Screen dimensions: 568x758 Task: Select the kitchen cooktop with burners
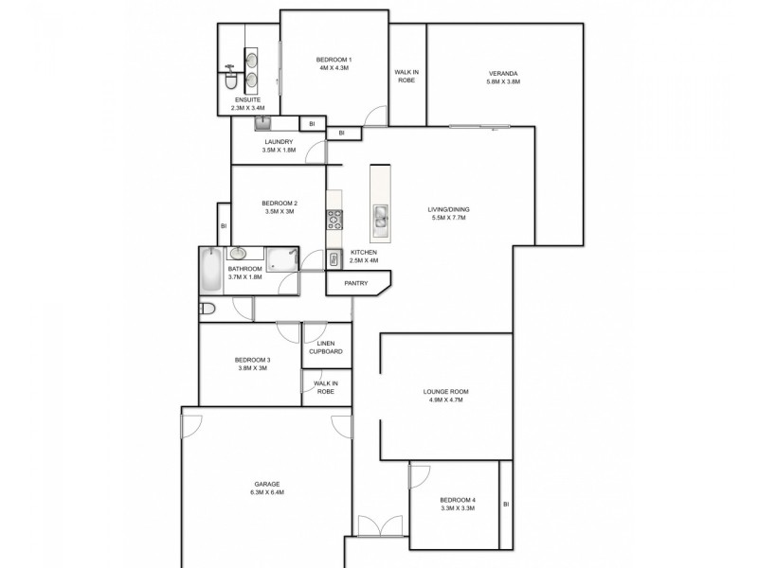[x=334, y=221]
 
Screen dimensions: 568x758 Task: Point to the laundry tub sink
[x=264, y=123]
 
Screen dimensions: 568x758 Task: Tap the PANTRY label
[x=355, y=282]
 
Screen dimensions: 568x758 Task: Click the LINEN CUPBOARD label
[x=325, y=347]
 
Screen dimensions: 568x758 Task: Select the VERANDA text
[x=503, y=74]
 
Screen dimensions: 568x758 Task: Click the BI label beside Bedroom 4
[x=506, y=505]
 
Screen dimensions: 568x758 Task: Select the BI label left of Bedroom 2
[x=224, y=226]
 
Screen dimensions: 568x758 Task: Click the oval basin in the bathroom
[x=239, y=254]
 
